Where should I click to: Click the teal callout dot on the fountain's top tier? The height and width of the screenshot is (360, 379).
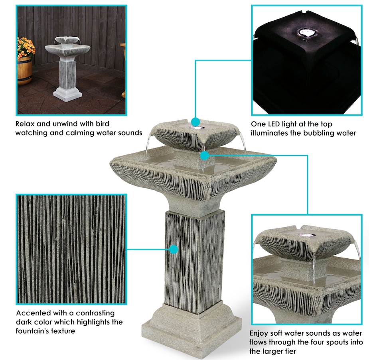tap(195, 122)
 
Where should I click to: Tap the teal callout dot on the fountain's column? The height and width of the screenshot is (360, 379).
tap(174, 249)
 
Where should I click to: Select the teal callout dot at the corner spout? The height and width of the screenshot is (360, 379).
tap(205, 155)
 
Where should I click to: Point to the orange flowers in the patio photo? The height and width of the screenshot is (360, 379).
tap(26, 47)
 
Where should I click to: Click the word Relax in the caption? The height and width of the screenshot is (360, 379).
tap(25, 124)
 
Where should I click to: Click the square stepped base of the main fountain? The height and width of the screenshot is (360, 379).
tap(191, 330)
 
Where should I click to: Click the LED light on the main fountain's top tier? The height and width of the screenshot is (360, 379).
tap(198, 127)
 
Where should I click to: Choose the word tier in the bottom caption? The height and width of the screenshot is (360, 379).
tap(290, 351)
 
